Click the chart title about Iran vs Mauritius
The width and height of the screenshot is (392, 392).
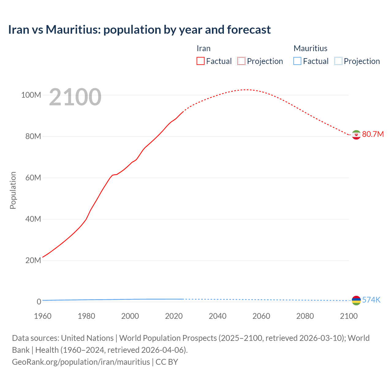pos(139,30)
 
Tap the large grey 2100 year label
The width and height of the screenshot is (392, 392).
pos(75,97)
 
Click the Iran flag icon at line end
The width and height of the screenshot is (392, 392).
pos(356,135)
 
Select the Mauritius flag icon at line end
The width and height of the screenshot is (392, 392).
pos(356,300)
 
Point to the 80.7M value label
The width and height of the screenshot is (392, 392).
pos(373,134)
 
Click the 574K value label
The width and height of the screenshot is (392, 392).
pos(371,300)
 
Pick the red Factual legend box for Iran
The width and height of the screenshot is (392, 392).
pos(201,61)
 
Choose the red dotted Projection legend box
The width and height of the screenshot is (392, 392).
pos(241,61)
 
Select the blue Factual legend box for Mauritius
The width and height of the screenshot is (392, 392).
pos(297,61)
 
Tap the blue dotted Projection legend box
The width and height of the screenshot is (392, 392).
pos(338,61)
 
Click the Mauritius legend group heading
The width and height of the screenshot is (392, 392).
pos(310,48)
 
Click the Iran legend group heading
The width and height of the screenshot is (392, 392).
pos(203,48)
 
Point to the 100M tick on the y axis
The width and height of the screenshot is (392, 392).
pos(31,95)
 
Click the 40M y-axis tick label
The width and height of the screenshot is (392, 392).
pos(33,219)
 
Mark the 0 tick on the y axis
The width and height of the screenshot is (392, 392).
pos(39,302)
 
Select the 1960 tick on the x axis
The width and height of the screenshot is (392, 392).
pos(43,316)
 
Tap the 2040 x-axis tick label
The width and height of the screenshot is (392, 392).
pos(217,316)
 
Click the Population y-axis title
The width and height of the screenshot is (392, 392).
pos(13,190)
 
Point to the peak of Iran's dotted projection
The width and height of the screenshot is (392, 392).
pos(247,90)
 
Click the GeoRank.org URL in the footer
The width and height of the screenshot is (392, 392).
pos(81,362)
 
